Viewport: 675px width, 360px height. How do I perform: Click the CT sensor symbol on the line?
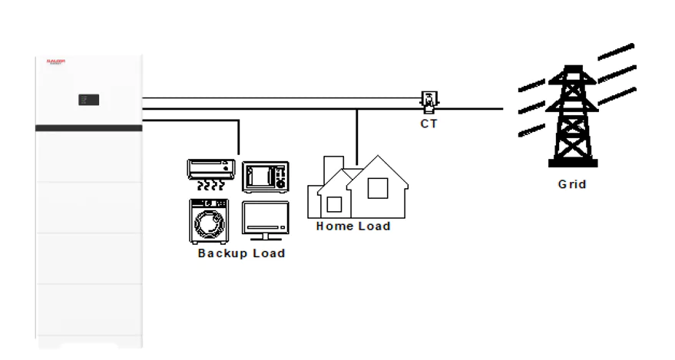(x=428, y=99)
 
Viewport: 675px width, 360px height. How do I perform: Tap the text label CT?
(x=428, y=124)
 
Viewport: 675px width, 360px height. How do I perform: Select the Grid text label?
(x=572, y=184)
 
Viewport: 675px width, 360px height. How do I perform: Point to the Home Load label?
(x=353, y=226)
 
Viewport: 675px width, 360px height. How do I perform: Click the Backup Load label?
(x=241, y=253)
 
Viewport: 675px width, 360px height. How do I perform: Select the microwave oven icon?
(x=266, y=177)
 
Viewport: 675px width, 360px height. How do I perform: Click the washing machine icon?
(x=209, y=222)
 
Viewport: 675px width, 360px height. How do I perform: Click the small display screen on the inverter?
(x=88, y=100)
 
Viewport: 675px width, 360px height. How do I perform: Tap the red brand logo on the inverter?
(x=56, y=62)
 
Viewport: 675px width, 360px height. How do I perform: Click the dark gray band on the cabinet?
(x=88, y=128)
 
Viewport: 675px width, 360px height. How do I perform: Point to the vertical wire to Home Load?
(x=357, y=138)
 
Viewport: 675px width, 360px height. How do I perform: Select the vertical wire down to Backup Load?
(x=240, y=137)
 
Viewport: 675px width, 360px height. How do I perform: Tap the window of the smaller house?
(x=334, y=204)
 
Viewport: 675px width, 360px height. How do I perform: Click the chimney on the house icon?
(x=333, y=167)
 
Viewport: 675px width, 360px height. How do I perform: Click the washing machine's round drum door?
(x=209, y=225)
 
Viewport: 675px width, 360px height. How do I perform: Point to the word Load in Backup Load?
(x=269, y=253)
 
